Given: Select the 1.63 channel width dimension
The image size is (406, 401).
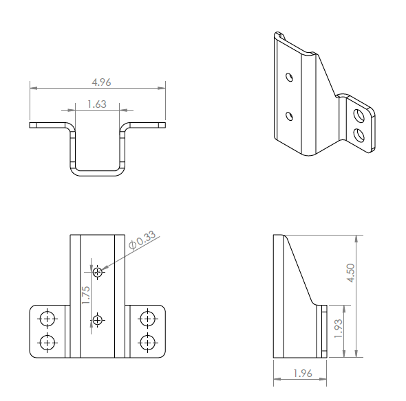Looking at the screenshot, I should (97, 104).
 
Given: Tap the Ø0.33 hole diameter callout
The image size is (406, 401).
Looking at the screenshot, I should (143, 240).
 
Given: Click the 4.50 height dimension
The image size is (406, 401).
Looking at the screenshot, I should (352, 272).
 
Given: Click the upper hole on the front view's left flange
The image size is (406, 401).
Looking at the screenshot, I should (47, 319).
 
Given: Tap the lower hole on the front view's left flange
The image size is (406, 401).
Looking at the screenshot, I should (47, 342).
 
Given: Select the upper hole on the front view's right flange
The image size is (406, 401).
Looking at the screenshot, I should (147, 319).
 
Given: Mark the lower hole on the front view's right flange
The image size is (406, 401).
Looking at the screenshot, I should (147, 342).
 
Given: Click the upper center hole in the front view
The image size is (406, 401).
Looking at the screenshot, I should (98, 273).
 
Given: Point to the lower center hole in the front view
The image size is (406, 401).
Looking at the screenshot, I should (98, 320).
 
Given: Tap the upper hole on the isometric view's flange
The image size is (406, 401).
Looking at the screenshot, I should (359, 113).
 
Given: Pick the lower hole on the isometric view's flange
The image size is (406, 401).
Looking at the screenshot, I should (359, 133).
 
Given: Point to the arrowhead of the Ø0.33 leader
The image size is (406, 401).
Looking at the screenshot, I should (104, 269).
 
